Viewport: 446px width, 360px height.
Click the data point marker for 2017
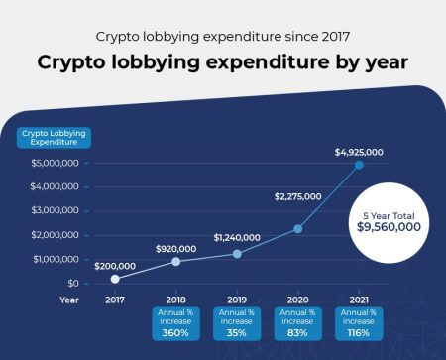click(x=115, y=279)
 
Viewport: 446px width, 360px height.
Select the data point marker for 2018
click(x=176, y=262)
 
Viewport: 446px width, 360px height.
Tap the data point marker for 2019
click(x=237, y=254)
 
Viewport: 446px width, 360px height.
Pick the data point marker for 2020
click(x=297, y=229)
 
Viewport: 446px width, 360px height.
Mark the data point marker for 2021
click(x=359, y=165)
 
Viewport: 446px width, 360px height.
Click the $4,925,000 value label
click(x=359, y=151)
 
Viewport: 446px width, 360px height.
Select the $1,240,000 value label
click(x=237, y=238)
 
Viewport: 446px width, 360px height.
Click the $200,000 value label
click(x=117, y=265)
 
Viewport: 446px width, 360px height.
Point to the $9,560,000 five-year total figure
click(x=390, y=226)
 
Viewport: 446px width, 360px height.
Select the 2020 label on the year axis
click(x=297, y=299)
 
